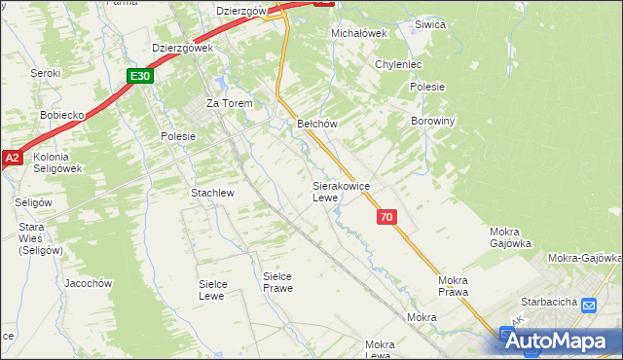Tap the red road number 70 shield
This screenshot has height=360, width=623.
(x=386, y=218)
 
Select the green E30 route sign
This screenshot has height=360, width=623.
(x=139, y=76)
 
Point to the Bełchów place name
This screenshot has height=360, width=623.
(x=316, y=125)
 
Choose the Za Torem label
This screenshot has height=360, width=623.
(x=229, y=103)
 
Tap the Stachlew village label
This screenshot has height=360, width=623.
(x=212, y=193)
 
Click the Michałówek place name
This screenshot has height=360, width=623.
(x=359, y=32)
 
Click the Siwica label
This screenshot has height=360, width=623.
(x=429, y=24)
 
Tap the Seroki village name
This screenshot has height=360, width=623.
(x=45, y=73)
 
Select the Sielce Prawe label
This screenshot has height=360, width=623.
(x=277, y=282)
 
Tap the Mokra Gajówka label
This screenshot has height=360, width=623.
(x=509, y=237)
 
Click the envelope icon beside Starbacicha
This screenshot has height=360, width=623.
(x=588, y=306)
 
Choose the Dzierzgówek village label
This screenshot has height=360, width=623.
(x=182, y=47)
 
